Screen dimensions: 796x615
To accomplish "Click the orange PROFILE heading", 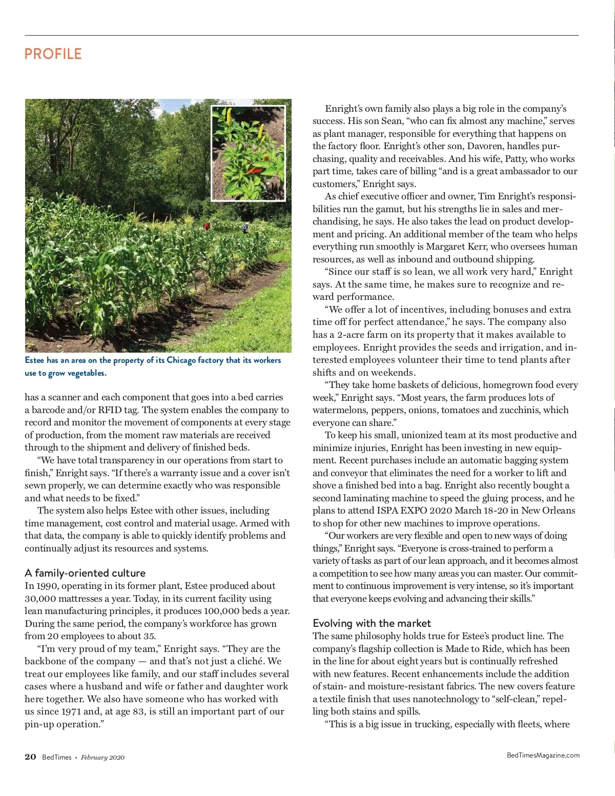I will (x=53, y=54).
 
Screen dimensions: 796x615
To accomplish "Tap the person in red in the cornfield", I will (x=207, y=226).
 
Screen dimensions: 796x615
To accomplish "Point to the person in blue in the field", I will (x=244, y=228).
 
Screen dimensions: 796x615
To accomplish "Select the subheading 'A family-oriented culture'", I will (x=85, y=573).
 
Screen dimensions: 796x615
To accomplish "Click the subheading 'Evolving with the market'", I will (x=372, y=623).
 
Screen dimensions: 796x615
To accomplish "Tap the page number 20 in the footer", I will (x=30, y=757).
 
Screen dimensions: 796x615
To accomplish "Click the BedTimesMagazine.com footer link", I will (x=543, y=755).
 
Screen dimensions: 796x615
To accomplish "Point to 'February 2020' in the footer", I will (x=102, y=758).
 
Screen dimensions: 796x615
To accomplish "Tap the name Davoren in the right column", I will (x=485, y=146).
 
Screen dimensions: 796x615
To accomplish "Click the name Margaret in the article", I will (x=445, y=247).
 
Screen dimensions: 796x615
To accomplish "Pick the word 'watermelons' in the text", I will (x=339, y=410).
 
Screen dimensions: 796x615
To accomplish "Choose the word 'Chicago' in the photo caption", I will (x=181, y=360).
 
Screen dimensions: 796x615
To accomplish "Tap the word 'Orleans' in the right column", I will (x=559, y=511).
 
